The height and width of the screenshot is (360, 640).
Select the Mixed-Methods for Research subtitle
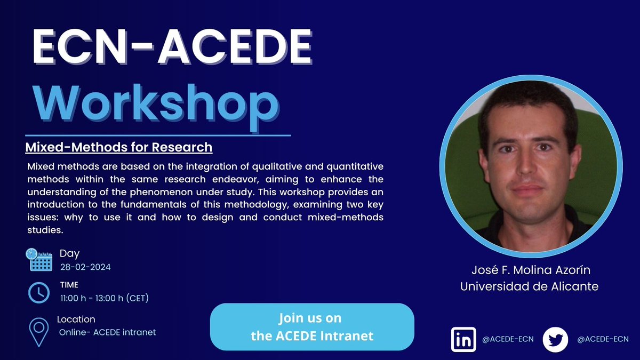click(119, 147)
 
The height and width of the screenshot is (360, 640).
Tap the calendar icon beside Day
click(39, 260)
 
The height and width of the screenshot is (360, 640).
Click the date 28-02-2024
click(85, 267)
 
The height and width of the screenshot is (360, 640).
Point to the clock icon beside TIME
click(39, 292)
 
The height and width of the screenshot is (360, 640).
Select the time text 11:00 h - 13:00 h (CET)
click(104, 298)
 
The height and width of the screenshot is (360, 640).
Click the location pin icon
click(38, 331)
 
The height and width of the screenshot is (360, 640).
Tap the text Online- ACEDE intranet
click(107, 332)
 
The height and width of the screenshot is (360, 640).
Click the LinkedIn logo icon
click(463, 339)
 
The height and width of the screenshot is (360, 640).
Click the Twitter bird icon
click(556, 339)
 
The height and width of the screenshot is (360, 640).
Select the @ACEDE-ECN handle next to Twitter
click(603, 339)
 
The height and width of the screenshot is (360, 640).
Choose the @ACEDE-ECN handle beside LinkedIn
click(507, 339)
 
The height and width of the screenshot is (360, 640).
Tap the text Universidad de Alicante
click(529, 286)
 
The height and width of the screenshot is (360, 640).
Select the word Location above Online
click(76, 319)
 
